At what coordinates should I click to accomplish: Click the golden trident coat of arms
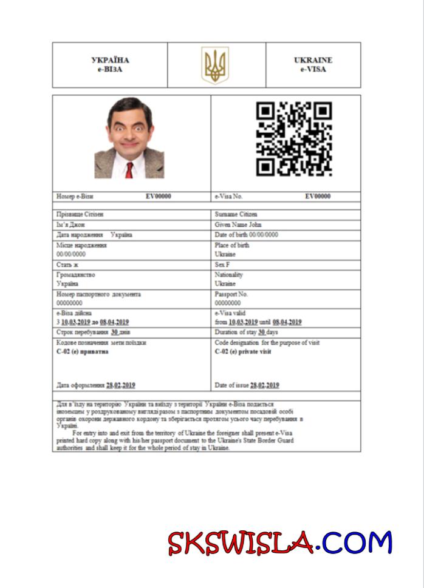tap(215, 65)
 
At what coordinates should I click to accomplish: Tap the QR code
tap(294, 139)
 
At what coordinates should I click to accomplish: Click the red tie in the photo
tap(129, 170)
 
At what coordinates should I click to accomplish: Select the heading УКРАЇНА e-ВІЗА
tap(110, 65)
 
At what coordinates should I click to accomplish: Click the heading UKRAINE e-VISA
tap(313, 65)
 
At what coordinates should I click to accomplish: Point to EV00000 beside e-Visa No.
tap(318, 197)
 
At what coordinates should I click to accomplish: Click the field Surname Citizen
tap(236, 214)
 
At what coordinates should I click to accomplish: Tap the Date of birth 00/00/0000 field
tap(247, 235)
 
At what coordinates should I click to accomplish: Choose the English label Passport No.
tap(231, 294)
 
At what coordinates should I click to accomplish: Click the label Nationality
tap(229, 275)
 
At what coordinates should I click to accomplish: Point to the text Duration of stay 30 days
tap(246, 333)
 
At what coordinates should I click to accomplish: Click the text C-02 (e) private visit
tap(243, 352)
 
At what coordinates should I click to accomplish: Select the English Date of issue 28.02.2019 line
tap(247, 385)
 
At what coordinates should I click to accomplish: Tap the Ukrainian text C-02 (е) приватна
tap(82, 352)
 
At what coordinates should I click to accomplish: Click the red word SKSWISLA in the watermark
tap(241, 544)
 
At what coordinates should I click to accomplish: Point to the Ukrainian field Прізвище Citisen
tap(80, 214)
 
